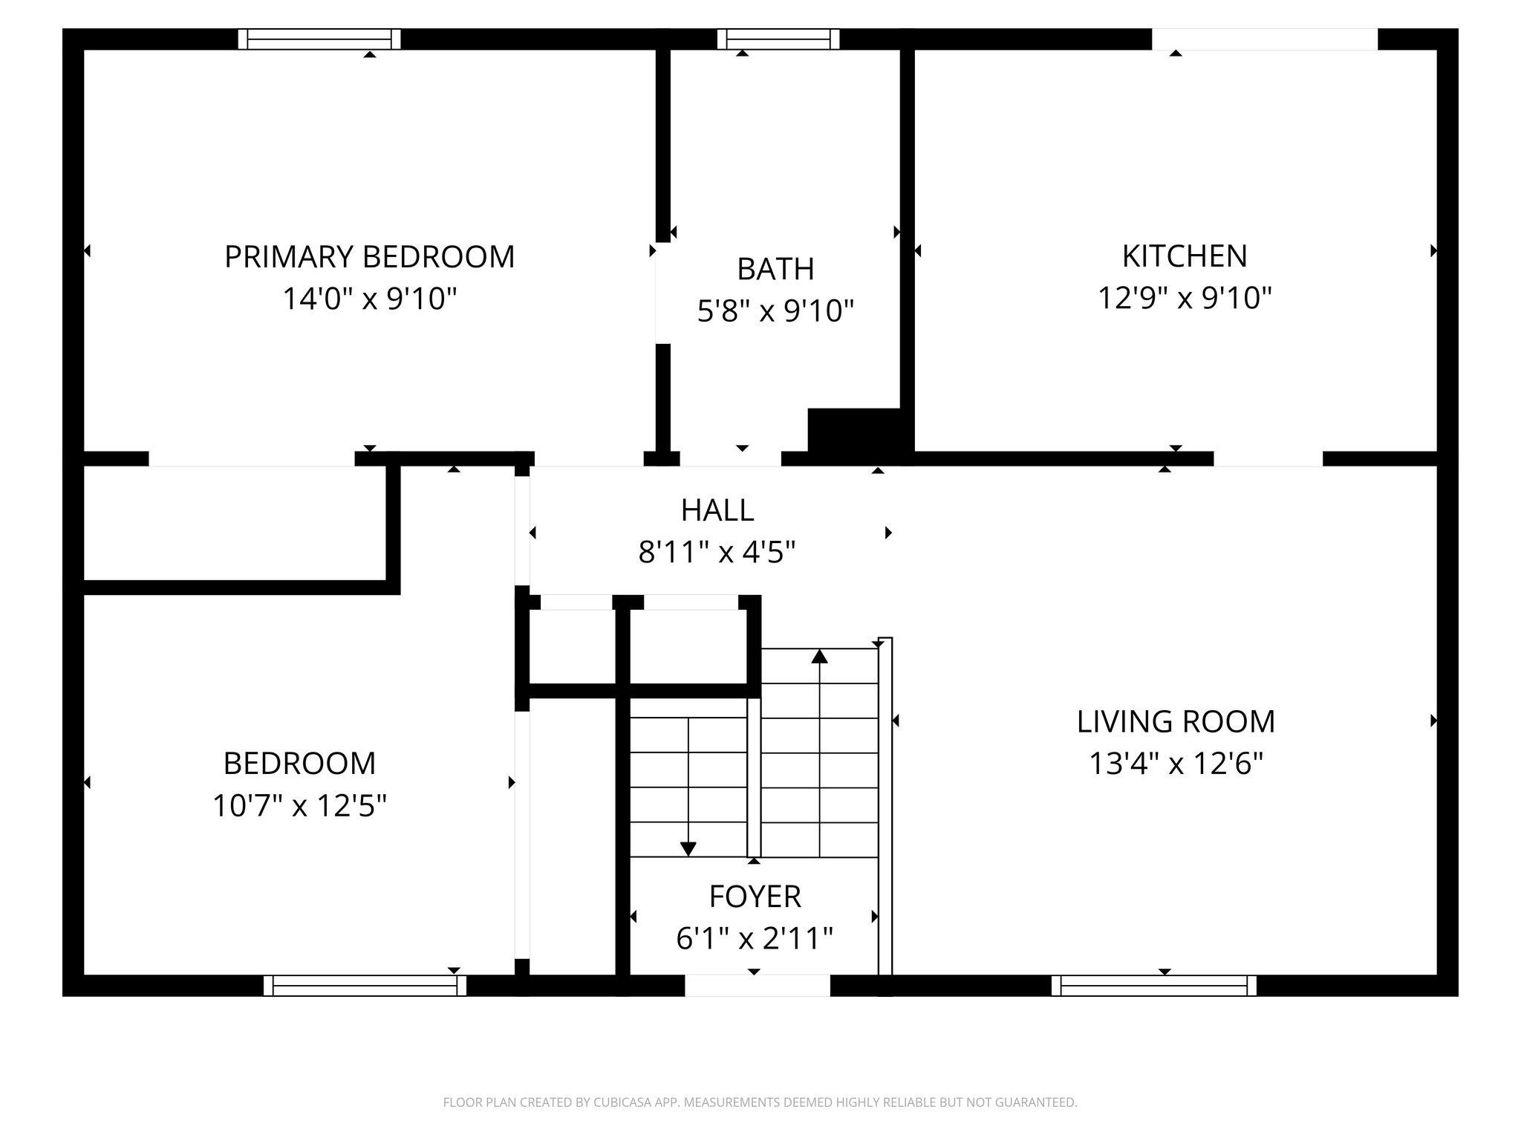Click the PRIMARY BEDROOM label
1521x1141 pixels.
tap(369, 257)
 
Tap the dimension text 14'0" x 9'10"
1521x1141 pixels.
tap(369, 299)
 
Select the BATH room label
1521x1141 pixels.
tap(775, 269)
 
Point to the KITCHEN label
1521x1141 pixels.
tap(1184, 256)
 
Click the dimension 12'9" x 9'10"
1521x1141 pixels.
tap(1184, 299)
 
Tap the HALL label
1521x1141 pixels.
tap(717, 510)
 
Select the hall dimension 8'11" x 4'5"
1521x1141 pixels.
tap(717, 553)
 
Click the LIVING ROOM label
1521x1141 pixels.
tap(1176, 722)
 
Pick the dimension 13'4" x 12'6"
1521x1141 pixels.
tap(1176, 764)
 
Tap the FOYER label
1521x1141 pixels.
tap(755, 897)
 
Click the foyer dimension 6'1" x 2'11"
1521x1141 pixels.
tap(755, 939)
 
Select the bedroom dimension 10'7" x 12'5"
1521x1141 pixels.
tap(299, 805)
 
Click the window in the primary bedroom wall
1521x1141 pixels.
tap(319, 39)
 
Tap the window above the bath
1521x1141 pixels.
tap(778, 39)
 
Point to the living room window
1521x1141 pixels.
tap(1153, 986)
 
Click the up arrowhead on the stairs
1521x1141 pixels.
tap(819, 656)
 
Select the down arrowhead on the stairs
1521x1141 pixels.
tap(688, 848)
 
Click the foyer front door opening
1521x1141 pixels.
tap(757, 986)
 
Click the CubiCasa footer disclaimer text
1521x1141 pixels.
tap(760, 1102)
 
